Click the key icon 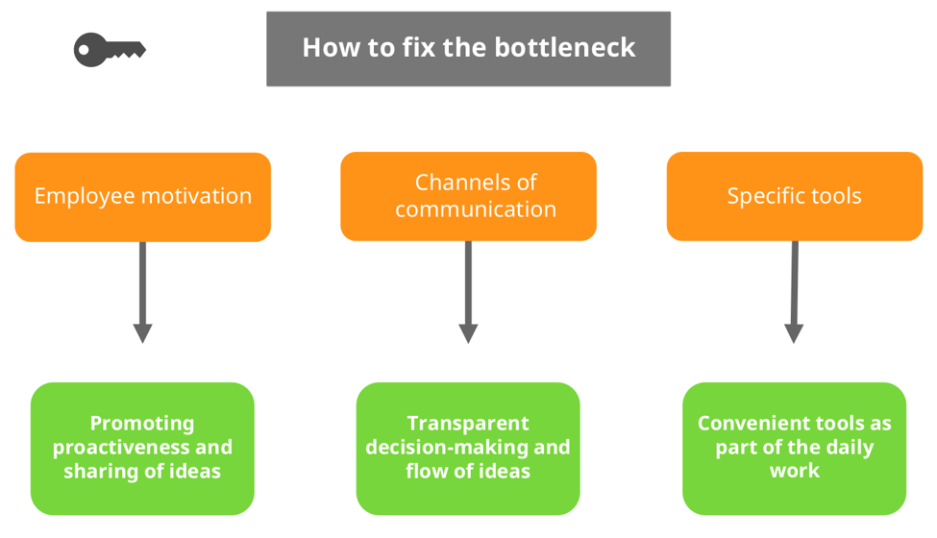pos(109,49)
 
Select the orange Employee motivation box pos(142,196)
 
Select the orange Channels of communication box pos(468,196)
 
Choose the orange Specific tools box pos(794,196)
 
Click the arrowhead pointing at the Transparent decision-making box pos(468,332)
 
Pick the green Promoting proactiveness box pos(142,448)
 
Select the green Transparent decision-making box pos(468,448)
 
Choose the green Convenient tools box pos(794,448)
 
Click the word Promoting pos(142,424)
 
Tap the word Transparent pos(468,424)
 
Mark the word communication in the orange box pos(475,209)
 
